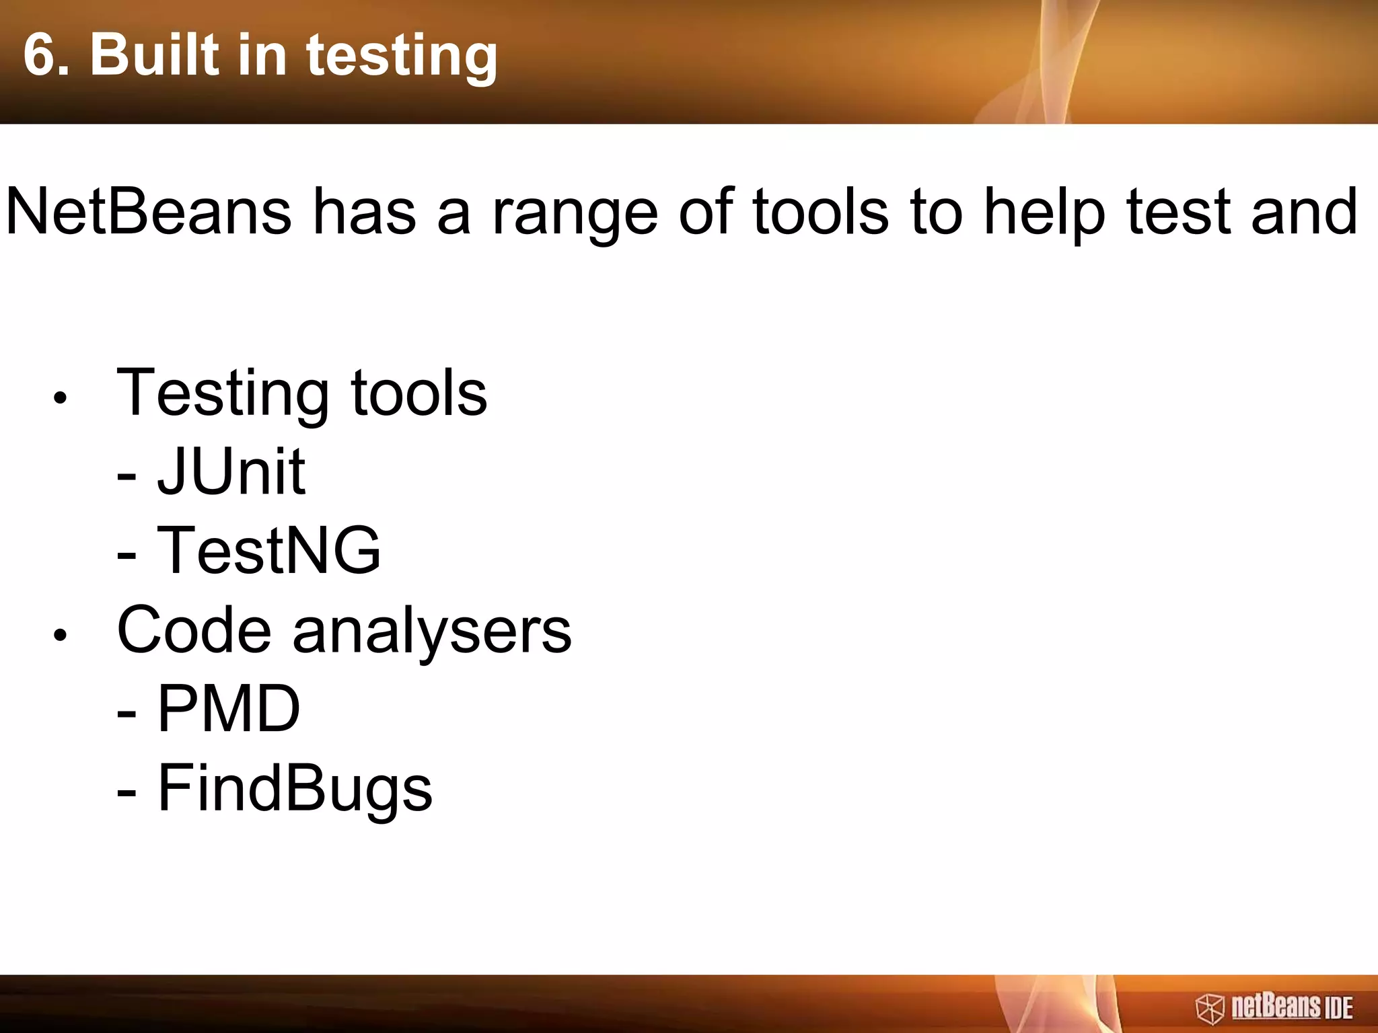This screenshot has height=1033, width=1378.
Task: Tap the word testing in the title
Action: point(402,56)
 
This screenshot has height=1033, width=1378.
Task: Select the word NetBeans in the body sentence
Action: point(148,212)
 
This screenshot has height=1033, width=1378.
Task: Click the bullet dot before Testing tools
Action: point(61,397)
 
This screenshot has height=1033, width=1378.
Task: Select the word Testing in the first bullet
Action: point(223,394)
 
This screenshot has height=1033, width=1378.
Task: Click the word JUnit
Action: point(231,471)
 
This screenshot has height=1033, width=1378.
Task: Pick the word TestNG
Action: point(268,550)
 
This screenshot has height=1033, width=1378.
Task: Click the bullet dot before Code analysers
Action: point(61,634)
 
